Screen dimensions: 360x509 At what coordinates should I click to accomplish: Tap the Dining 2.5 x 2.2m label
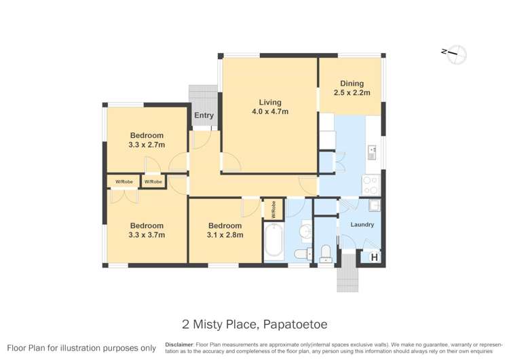(352, 88)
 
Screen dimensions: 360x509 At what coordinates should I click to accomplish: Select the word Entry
(204, 115)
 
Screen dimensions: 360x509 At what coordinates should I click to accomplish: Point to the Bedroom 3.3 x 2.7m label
(147, 140)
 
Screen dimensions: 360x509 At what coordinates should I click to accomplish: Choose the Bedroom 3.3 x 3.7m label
(147, 230)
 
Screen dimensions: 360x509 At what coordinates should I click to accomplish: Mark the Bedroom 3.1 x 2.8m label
(225, 230)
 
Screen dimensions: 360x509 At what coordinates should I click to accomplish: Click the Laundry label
(362, 224)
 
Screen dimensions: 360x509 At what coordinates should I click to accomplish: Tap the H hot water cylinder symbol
(373, 257)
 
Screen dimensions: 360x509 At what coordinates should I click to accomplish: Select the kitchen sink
(372, 152)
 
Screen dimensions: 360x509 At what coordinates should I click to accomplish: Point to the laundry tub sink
(374, 205)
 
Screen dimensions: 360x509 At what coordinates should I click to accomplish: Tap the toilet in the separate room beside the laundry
(326, 253)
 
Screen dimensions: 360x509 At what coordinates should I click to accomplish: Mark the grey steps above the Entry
(202, 96)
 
